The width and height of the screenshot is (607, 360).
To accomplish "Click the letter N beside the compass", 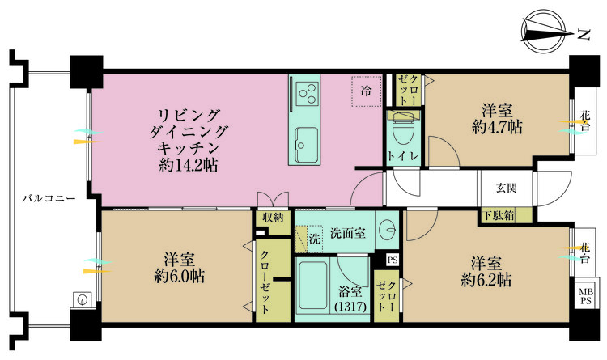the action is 583,36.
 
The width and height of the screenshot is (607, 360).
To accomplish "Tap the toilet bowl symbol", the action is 401,130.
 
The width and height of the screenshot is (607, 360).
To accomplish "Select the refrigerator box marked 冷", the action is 366,91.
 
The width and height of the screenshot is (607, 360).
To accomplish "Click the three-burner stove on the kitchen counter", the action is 307,94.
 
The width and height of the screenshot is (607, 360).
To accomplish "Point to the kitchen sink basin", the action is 307,145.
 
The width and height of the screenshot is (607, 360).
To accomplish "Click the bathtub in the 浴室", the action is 313,285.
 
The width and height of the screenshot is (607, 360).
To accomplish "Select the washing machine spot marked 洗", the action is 308,239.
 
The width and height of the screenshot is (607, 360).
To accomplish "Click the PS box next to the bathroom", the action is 393,260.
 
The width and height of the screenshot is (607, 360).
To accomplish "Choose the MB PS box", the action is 585,296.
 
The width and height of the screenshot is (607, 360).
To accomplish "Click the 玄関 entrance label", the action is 507,188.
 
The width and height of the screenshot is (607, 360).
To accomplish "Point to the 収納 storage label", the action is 273,218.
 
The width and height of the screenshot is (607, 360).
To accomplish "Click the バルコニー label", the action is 49,198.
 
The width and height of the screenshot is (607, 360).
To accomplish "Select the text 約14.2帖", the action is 188,166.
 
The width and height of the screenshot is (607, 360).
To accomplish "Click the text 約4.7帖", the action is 497,127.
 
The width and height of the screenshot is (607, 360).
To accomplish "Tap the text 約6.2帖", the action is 486,279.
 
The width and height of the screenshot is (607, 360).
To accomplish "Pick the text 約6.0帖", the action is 179,276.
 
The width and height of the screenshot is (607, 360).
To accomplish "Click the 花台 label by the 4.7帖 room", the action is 585,121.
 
